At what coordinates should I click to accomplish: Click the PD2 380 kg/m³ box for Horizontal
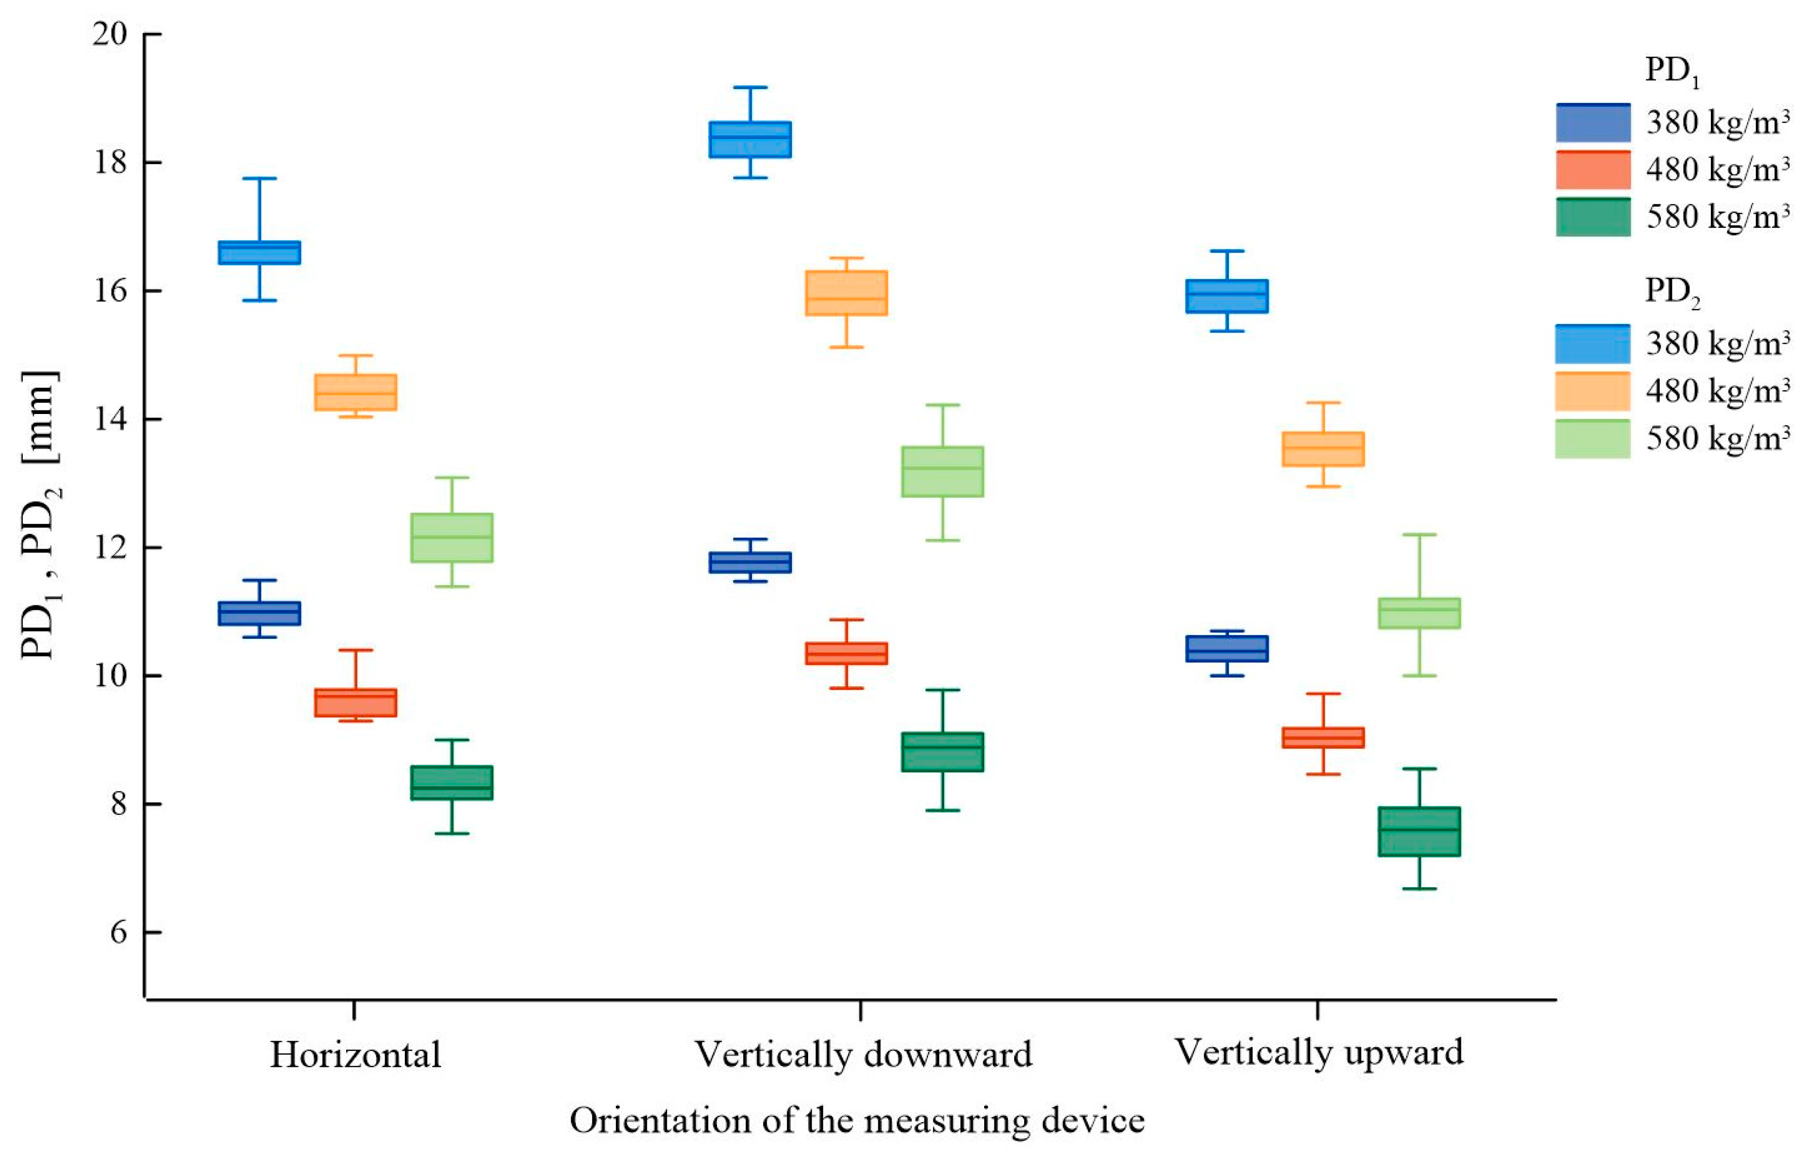[259, 253]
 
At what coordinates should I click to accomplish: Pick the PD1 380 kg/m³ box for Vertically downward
[750, 562]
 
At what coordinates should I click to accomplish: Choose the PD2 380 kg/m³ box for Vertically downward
[750, 139]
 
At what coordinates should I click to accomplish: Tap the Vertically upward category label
[1319, 1053]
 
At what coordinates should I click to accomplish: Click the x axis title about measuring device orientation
[857, 1121]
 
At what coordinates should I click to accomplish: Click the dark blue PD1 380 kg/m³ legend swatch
[1592, 122]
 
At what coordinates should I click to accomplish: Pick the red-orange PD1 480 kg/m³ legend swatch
[1592, 170]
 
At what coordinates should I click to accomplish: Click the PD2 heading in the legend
[1672, 292]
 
